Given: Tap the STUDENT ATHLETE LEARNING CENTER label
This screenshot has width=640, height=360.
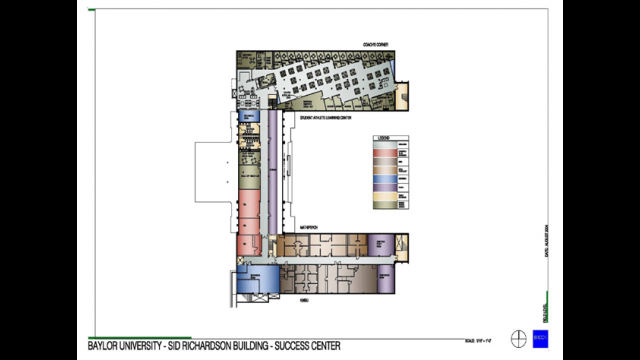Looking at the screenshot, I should click(x=325, y=117).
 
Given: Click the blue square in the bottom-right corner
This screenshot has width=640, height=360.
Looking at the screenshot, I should click(x=540, y=337).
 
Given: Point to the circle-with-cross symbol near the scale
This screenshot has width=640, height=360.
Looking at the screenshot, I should click(x=518, y=337).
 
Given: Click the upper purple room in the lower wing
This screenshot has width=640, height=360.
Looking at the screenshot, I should click(x=380, y=243).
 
